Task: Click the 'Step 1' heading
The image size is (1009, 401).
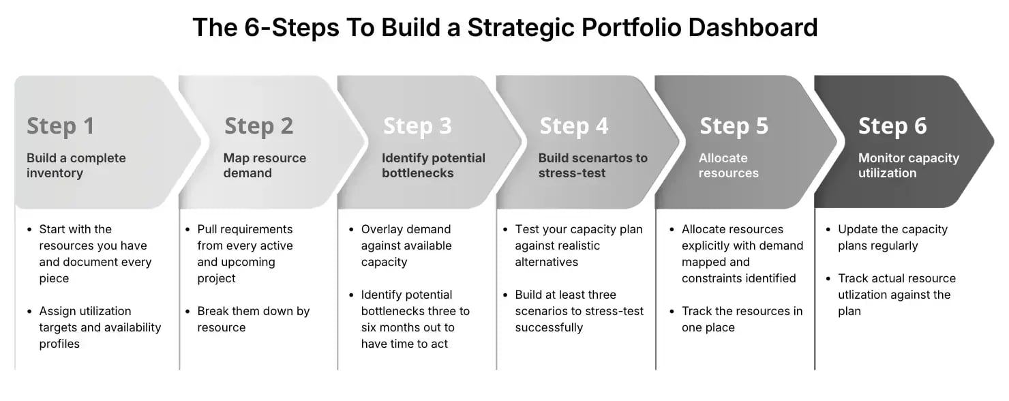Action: tap(60, 126)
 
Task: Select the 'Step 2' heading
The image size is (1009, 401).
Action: tap(258, 126)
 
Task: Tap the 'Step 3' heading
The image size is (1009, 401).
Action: tap(417, 126)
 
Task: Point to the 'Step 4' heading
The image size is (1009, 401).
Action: tap(573, 126)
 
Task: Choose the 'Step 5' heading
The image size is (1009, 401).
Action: tap(734, 126)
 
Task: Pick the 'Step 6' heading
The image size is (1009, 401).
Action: tap(892, 126)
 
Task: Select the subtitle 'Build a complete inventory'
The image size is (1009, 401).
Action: tap(76, 165)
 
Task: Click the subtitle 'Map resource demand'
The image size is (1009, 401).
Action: tap(265, 165)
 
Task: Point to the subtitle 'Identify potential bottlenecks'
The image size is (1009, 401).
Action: tap(433, 165)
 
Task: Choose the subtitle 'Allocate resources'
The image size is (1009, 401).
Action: tap(728, 165)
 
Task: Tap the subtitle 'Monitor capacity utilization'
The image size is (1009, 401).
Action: tap(908, 165)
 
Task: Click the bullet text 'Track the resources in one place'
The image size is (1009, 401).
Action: tap(742, 319)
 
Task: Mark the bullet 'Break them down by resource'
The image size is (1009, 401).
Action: tap(253, 319)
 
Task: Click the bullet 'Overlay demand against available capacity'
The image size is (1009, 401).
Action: tap(406, 246)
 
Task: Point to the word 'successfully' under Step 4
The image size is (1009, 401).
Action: tap(549, 327)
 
